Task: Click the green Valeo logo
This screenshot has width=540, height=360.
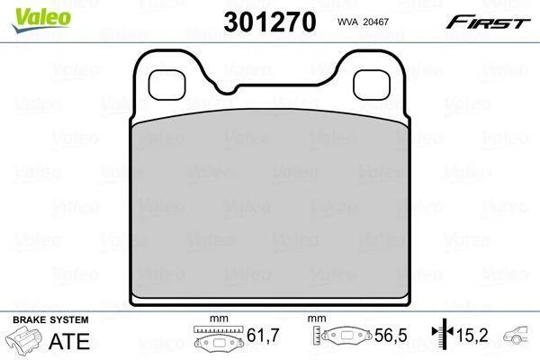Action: click(41, 20)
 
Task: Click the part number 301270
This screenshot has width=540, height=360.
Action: click(270, 22)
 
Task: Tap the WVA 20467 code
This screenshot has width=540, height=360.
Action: click(363, 22)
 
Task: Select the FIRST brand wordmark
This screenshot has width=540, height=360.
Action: click(489, 22)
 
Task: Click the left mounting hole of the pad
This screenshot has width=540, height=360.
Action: click(166, 85)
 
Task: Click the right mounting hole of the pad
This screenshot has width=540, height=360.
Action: click(372, 85)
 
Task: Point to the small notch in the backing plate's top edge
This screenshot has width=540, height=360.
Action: click(227, 90)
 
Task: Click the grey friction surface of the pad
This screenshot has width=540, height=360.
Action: click(270, 204)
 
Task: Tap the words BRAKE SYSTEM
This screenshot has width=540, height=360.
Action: click(50, 319)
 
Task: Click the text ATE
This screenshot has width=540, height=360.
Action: click(69, 341)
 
